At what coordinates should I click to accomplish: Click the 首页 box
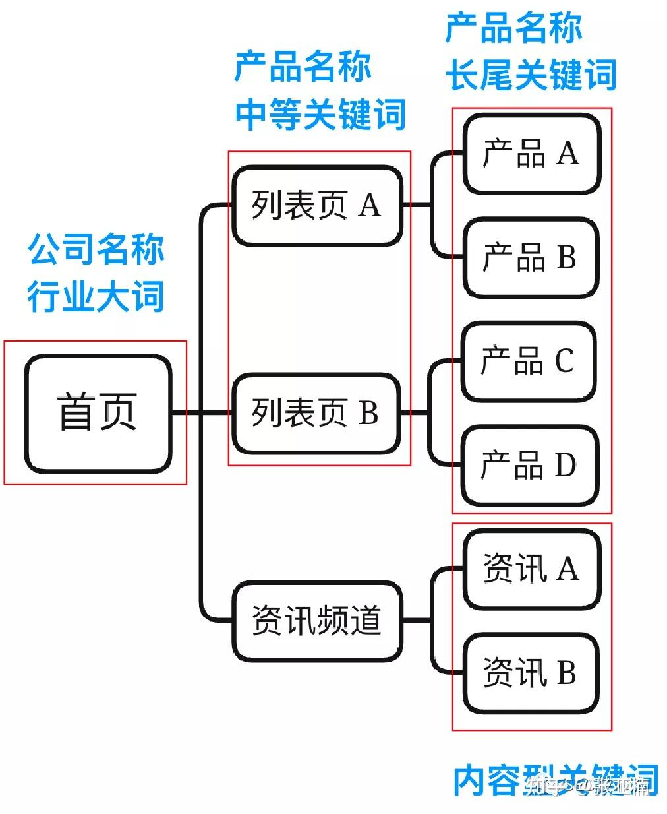tap(98, 413)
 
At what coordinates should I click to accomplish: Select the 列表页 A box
tap(317, 206)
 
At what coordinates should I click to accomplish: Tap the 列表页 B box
tap(317, 413)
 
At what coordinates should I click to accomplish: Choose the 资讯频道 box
tap(317, 621)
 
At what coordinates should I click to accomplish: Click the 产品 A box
tap(531, 154)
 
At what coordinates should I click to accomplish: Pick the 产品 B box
tap(531, 257)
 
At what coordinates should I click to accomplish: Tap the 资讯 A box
tap(531, 569)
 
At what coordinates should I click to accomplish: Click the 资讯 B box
tap(531, 673)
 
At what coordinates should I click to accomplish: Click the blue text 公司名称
tap(96, 249)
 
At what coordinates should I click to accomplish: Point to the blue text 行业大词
tap(96, 295)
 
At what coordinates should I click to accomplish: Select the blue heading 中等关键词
tap(320, 113)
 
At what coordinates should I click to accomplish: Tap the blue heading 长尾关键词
tap(531, 73)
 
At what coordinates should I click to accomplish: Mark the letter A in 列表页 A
tap(370, 206)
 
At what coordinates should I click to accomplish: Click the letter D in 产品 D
tap(565, 465)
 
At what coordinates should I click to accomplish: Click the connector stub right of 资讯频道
tap(417, 621)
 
